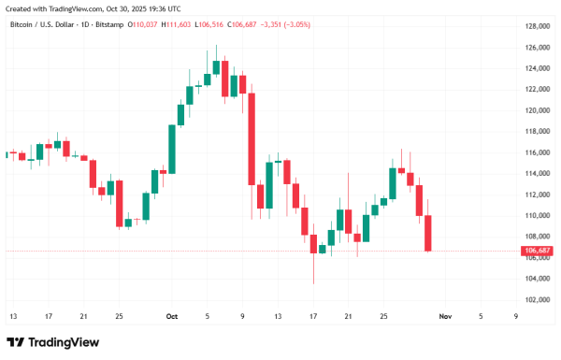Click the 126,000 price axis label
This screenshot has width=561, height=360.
pos(538,48)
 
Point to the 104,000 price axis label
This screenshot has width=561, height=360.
pos(538,279)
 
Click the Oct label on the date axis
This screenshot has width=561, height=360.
pos(171,317)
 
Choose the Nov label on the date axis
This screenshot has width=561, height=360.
pos(445,317)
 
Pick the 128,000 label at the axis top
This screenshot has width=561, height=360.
pos(538,26)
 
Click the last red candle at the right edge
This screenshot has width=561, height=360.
pos(428,233)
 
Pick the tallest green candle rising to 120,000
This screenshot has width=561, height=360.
pos(171,147)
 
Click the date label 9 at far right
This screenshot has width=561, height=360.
pos(516,317)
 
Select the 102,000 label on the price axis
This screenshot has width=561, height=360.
pos(538,300)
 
